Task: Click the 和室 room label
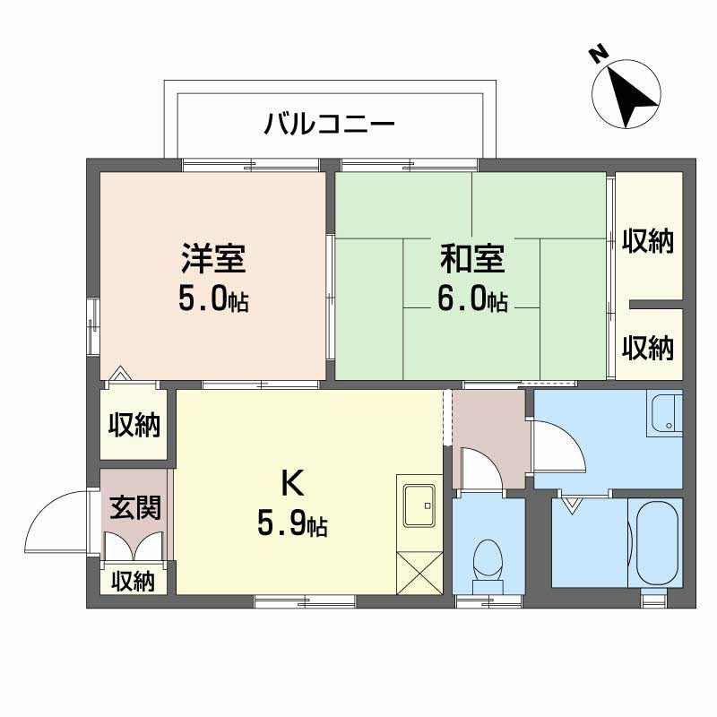click(472, 260)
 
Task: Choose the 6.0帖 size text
click(472, 299)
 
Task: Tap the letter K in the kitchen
click(291, 484)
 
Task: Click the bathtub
click(656, 542)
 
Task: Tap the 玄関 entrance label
click(135, 508)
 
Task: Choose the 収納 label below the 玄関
click(133, 581)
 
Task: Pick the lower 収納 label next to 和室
click(648, 347)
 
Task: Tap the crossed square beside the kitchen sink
click(419, 569)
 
